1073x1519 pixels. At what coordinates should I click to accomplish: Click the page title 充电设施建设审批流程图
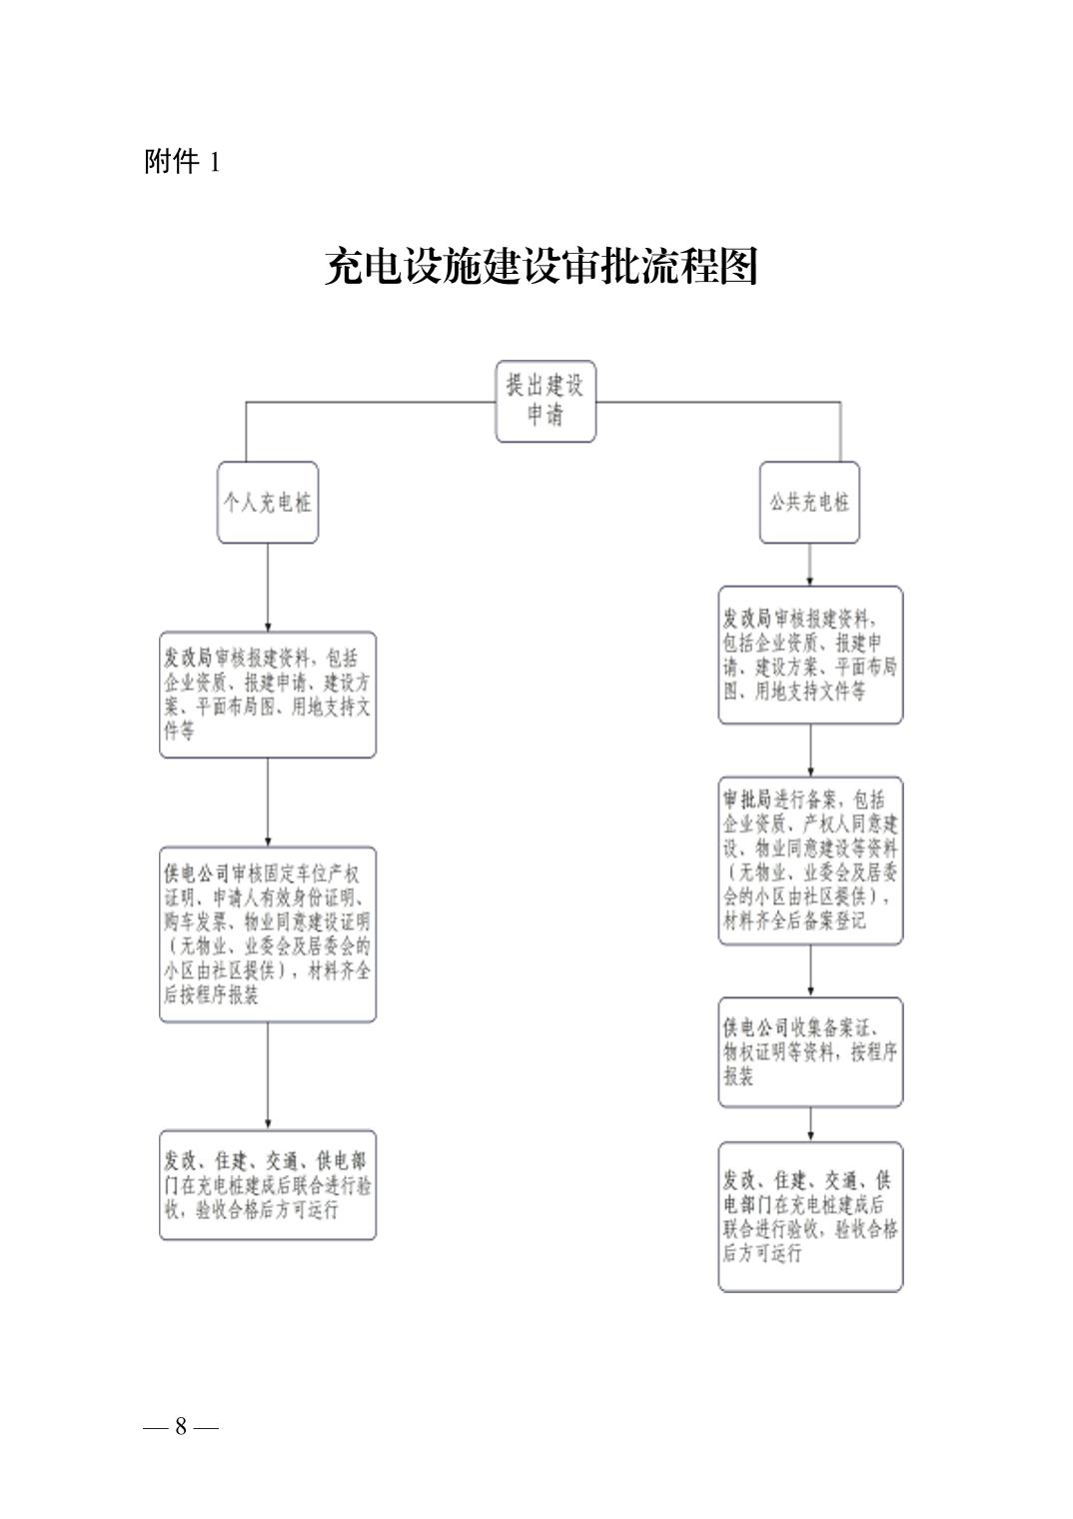click(540, 267)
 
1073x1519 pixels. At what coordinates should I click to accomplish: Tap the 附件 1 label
click(182, 162)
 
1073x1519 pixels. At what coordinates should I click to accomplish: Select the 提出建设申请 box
click(545, 401)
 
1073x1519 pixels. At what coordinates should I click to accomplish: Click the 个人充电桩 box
click(268, 502)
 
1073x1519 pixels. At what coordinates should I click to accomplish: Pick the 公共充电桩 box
click(809, 502)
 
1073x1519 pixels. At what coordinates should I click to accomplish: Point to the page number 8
click(181, 1426)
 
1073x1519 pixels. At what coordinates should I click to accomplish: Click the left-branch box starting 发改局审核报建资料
click(268, 695)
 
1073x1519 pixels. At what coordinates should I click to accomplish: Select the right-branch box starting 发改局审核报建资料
click(810, 655)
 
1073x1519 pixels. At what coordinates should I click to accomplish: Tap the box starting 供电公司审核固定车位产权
click(268, 934)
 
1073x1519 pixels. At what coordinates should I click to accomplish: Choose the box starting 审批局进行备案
click(810, 860)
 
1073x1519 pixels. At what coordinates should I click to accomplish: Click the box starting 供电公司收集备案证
click(810, 1052)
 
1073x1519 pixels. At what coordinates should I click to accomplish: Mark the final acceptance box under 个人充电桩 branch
click(268, 1185)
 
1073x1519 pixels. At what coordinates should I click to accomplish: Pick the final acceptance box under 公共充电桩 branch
click(810, 1216)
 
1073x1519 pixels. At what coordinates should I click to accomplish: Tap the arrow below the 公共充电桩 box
click(809, 566)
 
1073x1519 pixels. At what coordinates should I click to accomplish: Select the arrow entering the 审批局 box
click(810, 752)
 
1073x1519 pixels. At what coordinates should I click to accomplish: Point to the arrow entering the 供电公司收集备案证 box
click(810, 971)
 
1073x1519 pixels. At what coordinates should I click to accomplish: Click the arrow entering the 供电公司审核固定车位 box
click(268, 803)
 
